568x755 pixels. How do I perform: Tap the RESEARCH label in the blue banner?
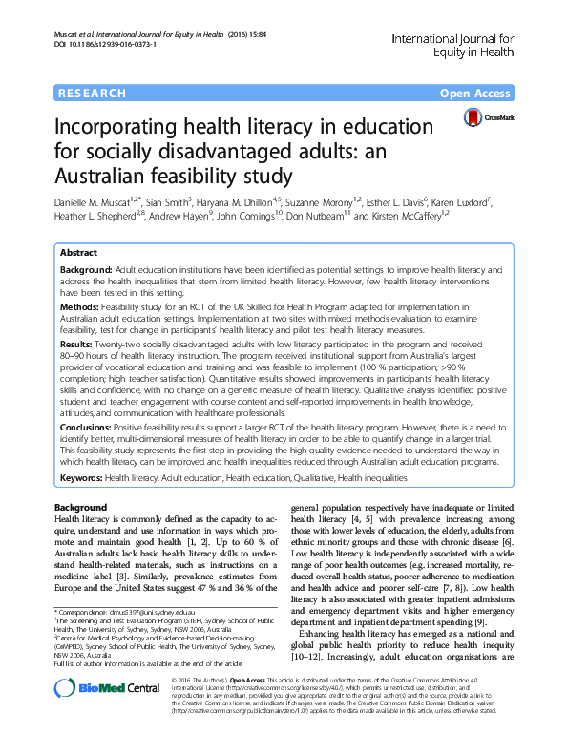[92, 93]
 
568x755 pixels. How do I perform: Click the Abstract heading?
[78, 254]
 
